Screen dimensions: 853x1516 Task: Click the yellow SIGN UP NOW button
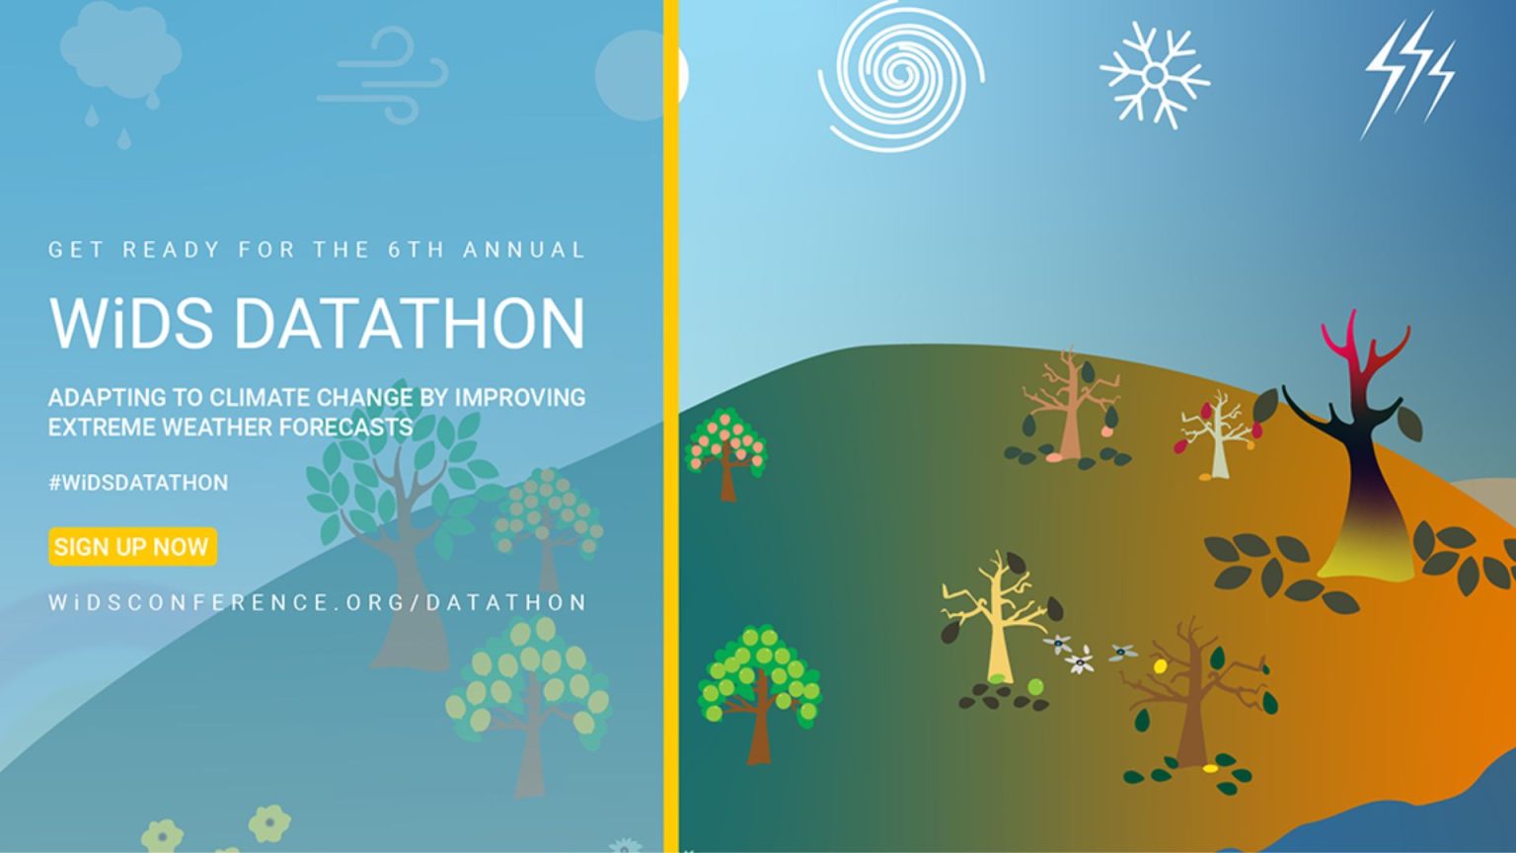coord(131,547)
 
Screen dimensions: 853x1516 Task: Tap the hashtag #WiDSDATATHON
coord(138,483)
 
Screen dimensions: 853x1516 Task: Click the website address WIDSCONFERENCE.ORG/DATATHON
coord(318,602)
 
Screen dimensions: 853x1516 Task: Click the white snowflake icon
coord(1154,76)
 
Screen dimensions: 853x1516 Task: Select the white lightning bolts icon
coord(1408,74)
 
